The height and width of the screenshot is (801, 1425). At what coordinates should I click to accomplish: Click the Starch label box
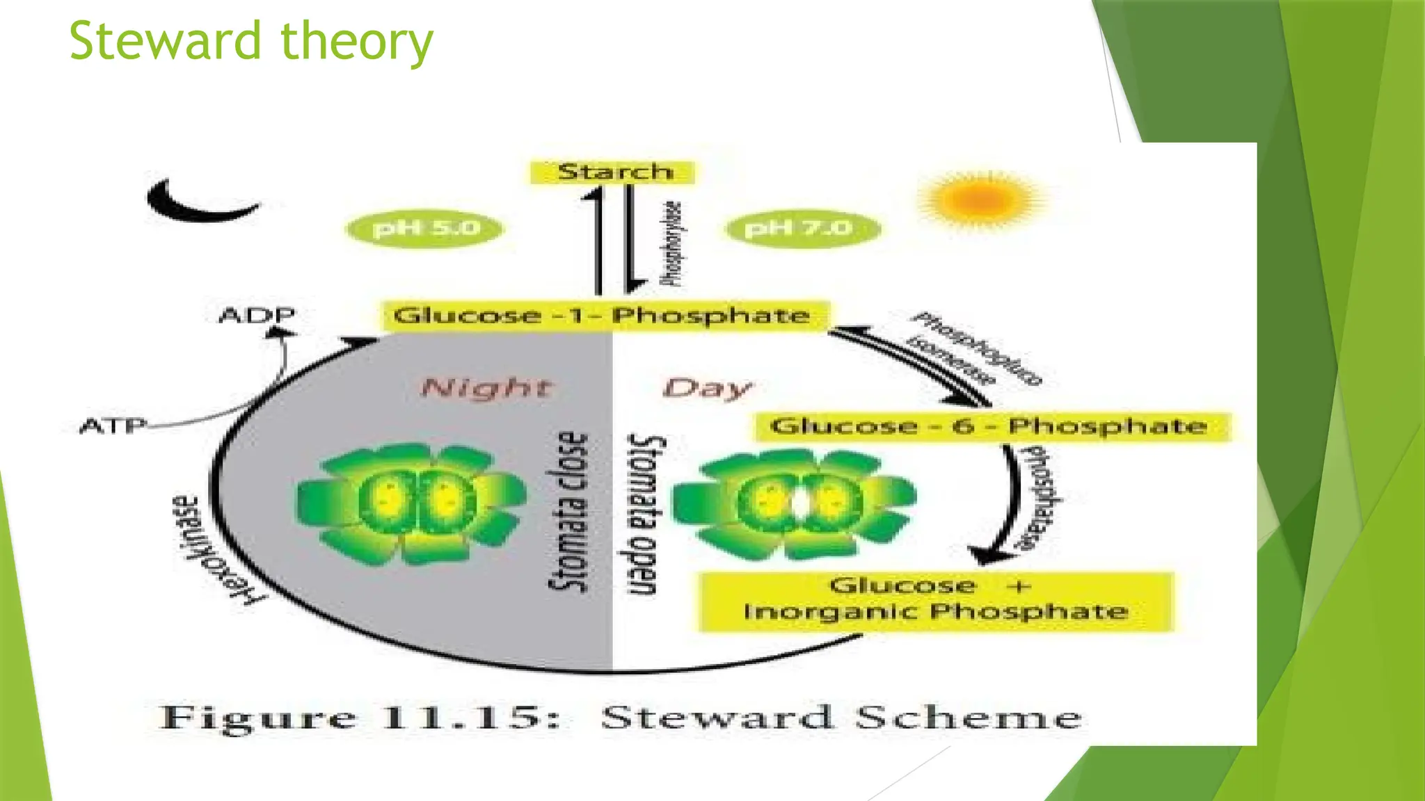coord(613,172)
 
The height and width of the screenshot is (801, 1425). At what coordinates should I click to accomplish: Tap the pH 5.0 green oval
coord(425,228)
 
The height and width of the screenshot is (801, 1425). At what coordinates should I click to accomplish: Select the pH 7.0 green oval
coord(801,228)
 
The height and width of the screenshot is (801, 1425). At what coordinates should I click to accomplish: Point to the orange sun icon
coord(980,200)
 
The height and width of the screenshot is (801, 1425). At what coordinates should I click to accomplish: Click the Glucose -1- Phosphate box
coord(603,316)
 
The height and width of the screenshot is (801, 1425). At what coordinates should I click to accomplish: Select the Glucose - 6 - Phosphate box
coord(991,426)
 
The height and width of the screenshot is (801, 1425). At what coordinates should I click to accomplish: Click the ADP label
coord(257,316)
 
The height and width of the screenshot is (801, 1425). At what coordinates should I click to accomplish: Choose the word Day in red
coord(707,388)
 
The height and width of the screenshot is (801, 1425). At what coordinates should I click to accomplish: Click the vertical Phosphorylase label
coord(672,243)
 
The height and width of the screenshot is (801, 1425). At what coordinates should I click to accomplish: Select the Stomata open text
coord(645,515)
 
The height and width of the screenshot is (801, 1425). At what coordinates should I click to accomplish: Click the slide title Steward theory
coord(251,42)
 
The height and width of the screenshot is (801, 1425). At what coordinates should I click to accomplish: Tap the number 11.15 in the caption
coord(462,718)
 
